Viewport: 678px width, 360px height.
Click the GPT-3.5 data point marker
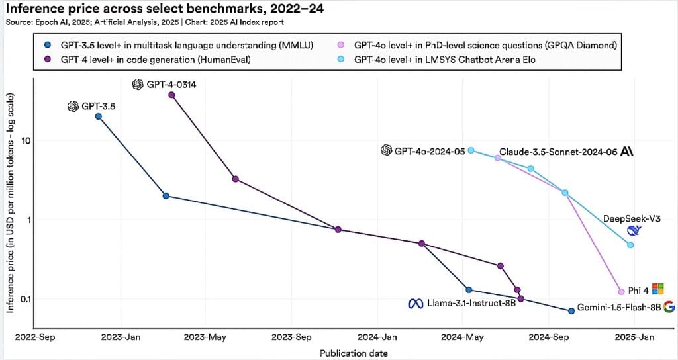[x=99, y=116]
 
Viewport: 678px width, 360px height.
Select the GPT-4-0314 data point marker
[x=172, y=95]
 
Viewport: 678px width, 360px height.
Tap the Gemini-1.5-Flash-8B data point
[x=571, y=310]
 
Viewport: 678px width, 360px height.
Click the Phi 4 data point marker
[x=621, y=292]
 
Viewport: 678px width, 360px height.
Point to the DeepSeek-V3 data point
[x=630, y=245]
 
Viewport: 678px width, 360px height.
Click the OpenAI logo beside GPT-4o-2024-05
[x=387, y=150]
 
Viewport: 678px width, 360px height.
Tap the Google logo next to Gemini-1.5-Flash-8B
[x=669, y=306]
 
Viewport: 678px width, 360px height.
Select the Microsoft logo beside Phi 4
[x=657, y=288]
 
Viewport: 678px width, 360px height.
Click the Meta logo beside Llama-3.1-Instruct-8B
[x=415, y=304]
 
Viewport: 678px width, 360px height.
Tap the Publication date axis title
[x=354, y=353]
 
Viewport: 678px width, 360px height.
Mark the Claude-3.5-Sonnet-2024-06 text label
[x=557, y=151]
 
